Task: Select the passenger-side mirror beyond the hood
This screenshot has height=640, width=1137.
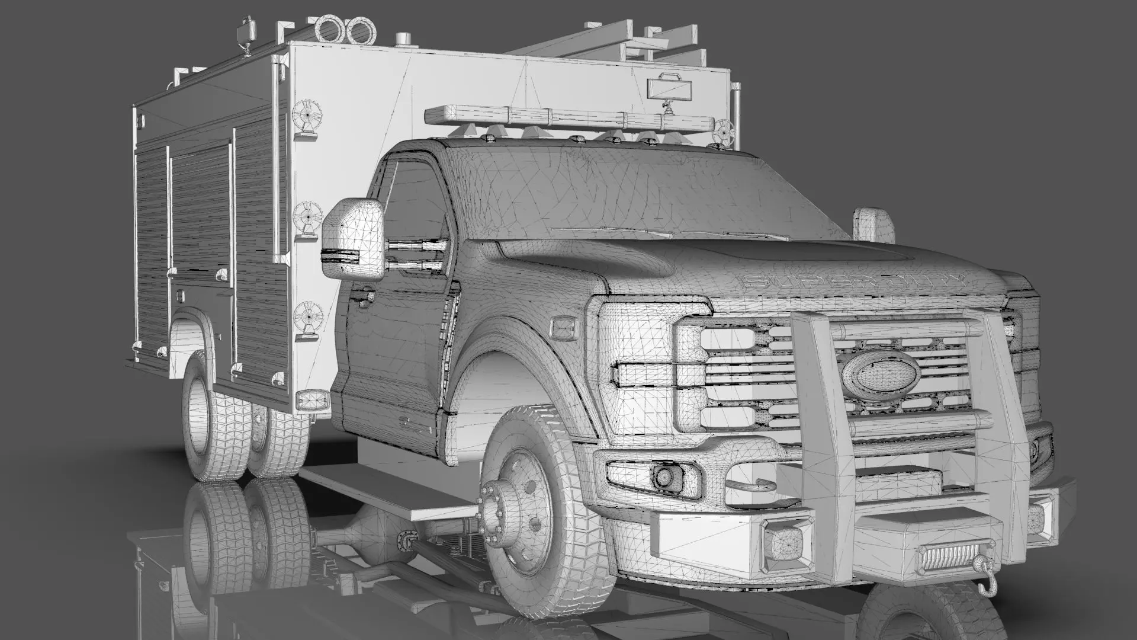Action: pos(873,224)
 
